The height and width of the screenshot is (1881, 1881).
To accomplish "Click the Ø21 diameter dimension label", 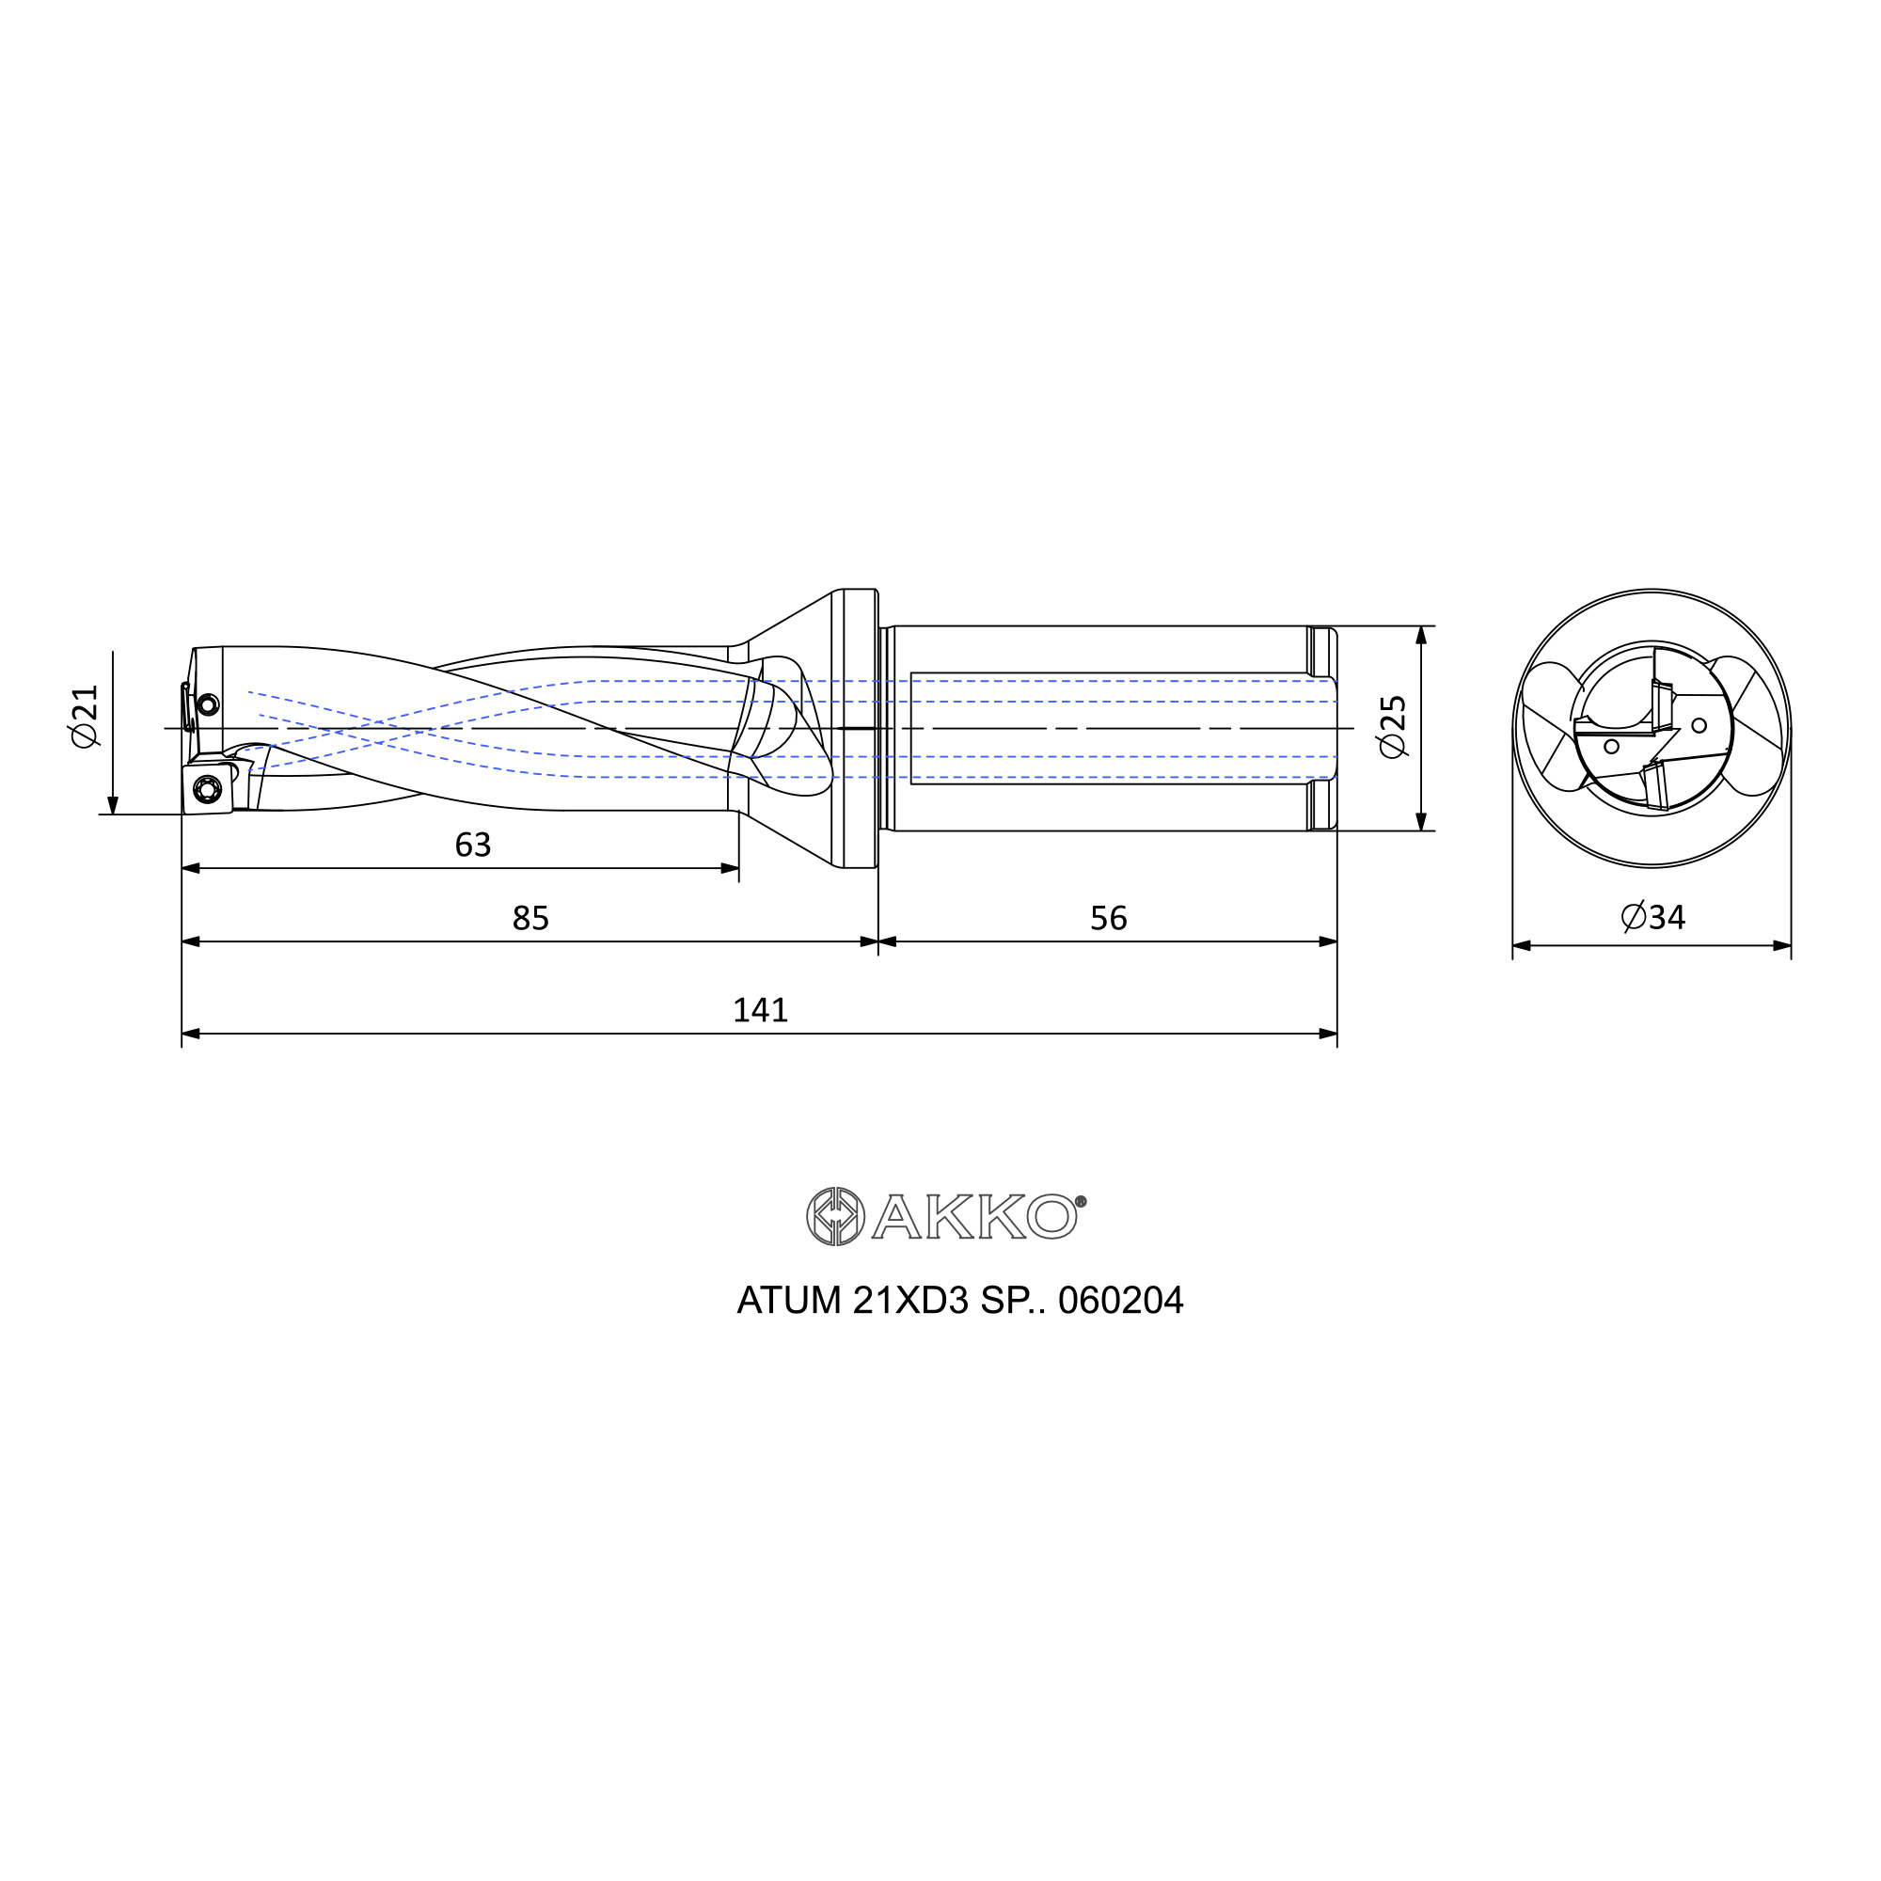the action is click(85, 716).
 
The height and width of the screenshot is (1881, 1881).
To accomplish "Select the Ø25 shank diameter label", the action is click(1393, 726).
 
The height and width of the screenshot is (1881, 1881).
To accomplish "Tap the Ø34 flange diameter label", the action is click(1653, 916).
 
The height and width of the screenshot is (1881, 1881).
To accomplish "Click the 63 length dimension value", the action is click(473, 845).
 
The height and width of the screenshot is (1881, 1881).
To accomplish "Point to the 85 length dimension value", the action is click(530, 918).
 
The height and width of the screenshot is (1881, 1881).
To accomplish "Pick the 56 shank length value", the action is click(1109, 918).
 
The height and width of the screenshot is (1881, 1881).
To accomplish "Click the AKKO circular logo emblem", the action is click(835, 1216).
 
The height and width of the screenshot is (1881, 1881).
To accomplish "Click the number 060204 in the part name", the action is click(1121, 1301).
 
